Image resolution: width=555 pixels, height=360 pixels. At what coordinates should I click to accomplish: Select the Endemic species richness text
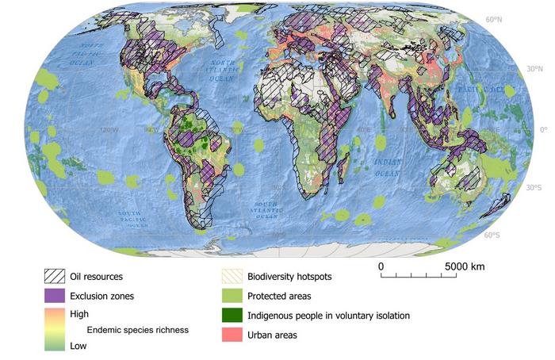[137, 329]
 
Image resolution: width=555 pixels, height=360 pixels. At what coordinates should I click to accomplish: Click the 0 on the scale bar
[381, 266]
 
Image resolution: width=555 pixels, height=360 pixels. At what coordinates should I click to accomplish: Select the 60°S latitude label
[492, 235]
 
